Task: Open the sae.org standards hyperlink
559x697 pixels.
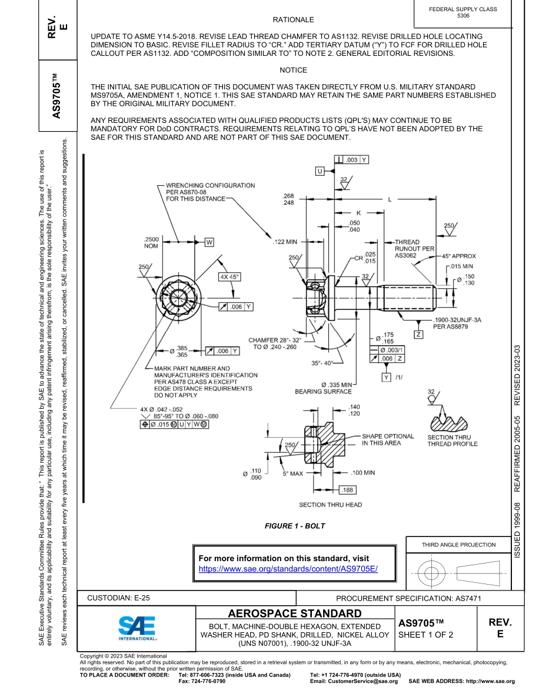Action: pyautogui.click(x=287, y=569)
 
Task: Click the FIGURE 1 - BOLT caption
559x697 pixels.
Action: pyautogui.click(x=295, y=526)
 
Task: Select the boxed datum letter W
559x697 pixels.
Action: pyautogui.click(x=209, y=242)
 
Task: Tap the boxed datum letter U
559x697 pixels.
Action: pyautogui.click(x=320, y=171)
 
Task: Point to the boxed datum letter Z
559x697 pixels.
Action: pyautogui.click(x=418, y=335)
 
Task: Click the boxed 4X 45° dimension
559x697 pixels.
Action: pyautogui.click(x=229, y=276)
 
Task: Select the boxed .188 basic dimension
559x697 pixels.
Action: pyautogui.click(x=347, y=489)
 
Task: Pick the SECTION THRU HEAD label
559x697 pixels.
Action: pyautogui.click(x=330, y=505)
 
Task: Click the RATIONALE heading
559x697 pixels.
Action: pyautogui.click(x=294, y=20)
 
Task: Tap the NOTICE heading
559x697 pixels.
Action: pyautogui.click(x=293, y=70)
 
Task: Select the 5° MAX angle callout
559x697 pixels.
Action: pyautogui.click(x=292, y=473)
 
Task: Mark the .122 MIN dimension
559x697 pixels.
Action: pyautogui.click(x=285, y=242)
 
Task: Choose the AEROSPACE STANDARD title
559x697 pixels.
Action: pyautogui.click(x=294, y=614)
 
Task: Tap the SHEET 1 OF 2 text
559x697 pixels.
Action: pyautogui.click(x=425, y=635)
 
